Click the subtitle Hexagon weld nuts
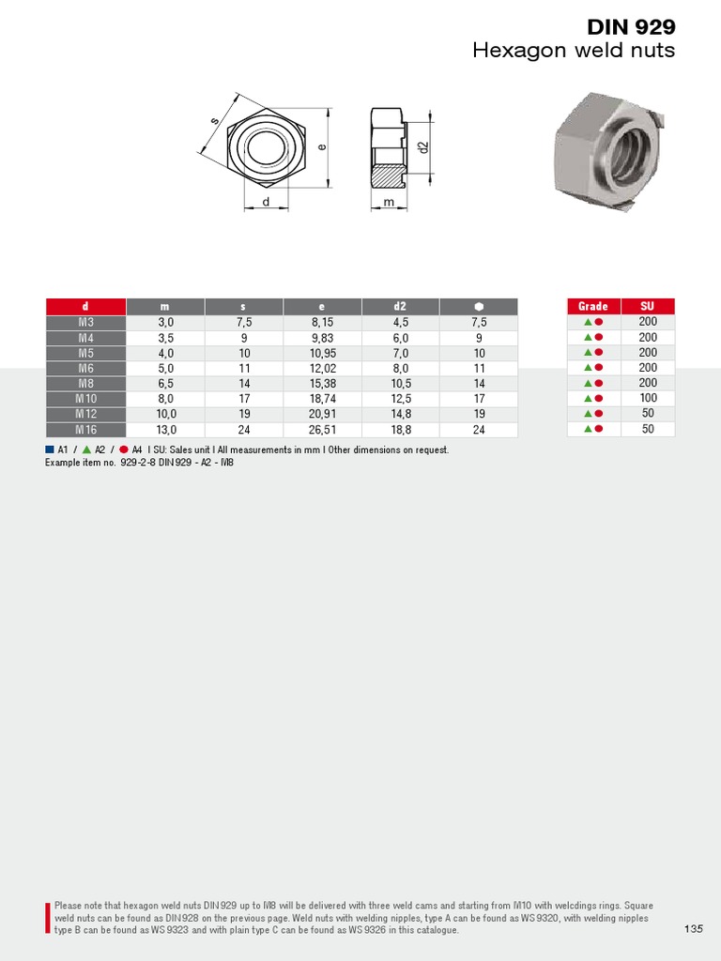point(574,51)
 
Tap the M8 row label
point(85,383)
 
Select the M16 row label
point(85,430)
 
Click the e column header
point(321,306)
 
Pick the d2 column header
point(400,306)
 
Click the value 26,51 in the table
point(322,430)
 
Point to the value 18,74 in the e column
point(322,399)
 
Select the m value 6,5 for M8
point(166,383)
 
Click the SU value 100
point(648,398)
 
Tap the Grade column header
point(593,306)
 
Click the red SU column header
point(648,306)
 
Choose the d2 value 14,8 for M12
point(401,414)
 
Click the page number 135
point(694,929)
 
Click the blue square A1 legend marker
point(50,450)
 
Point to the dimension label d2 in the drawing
point(423,147)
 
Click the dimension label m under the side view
point(389,202)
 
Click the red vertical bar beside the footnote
point(48,917)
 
